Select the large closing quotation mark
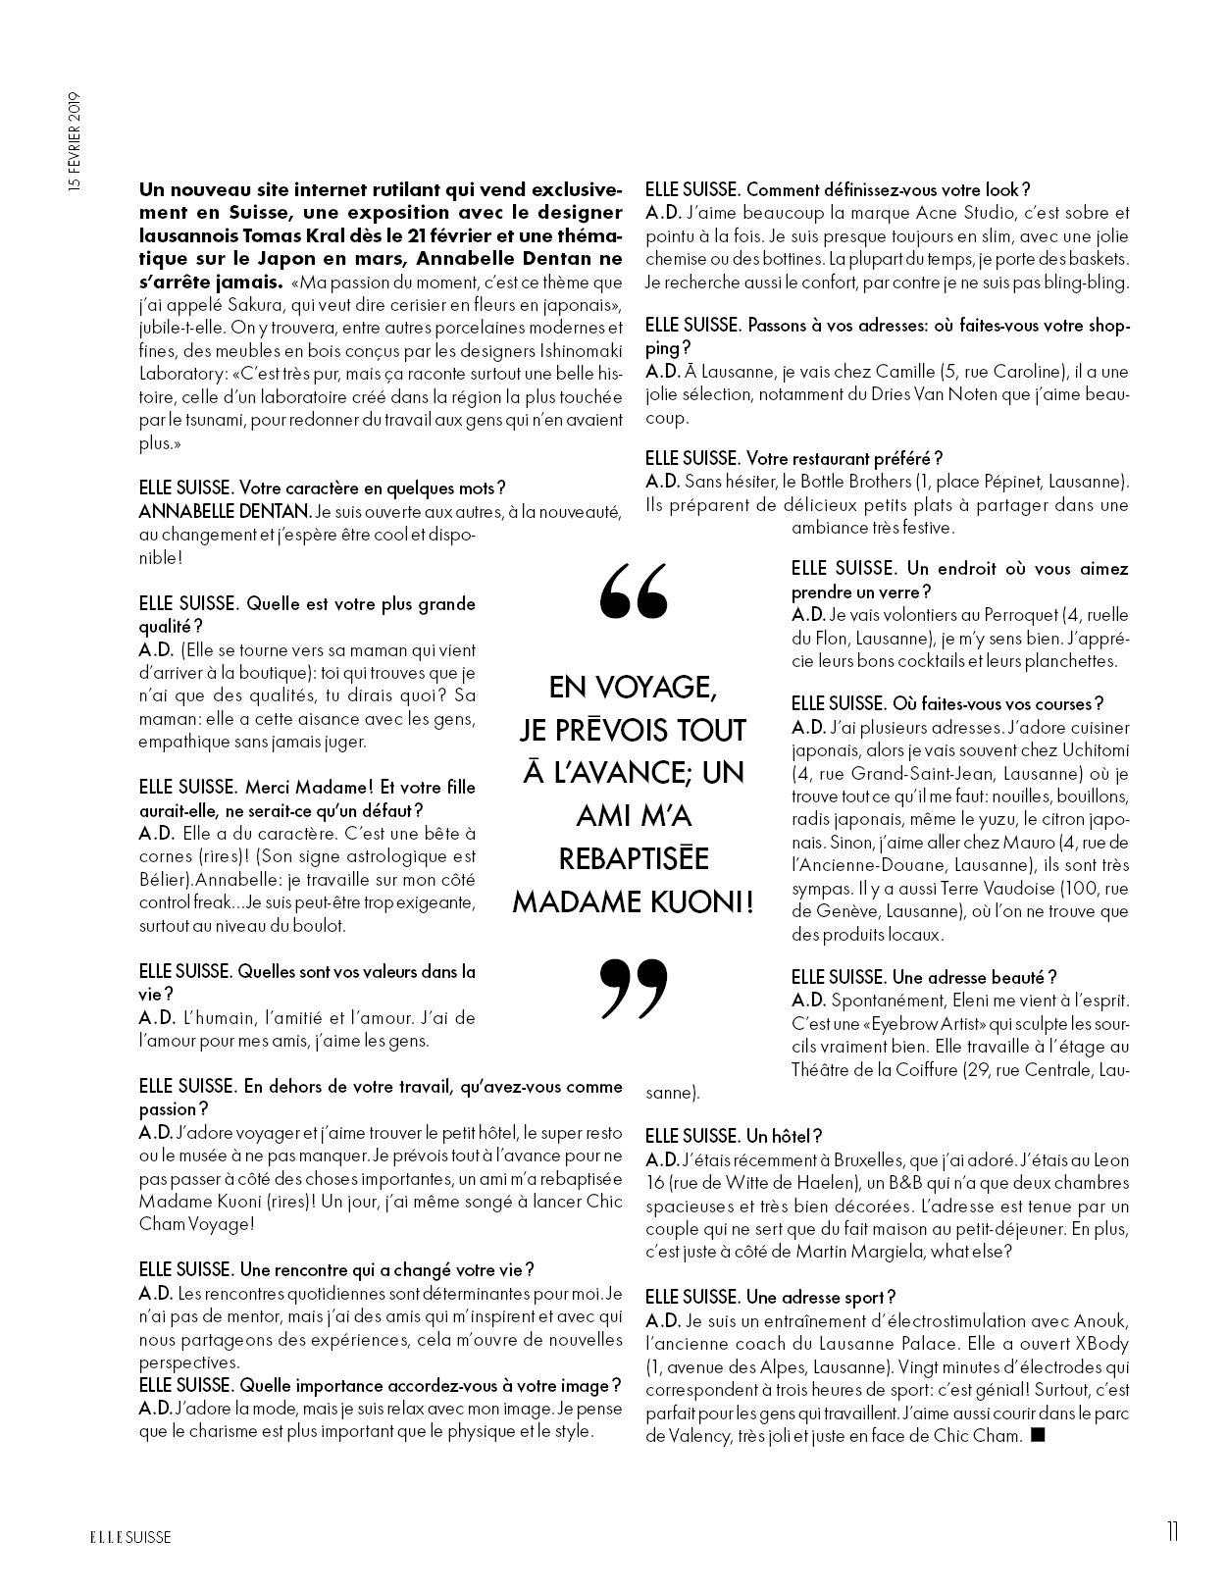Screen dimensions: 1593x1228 [x=633, y=986]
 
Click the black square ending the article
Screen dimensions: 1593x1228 [x=1040, y=1436]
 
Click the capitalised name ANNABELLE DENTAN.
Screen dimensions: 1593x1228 [x=225, y=511]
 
